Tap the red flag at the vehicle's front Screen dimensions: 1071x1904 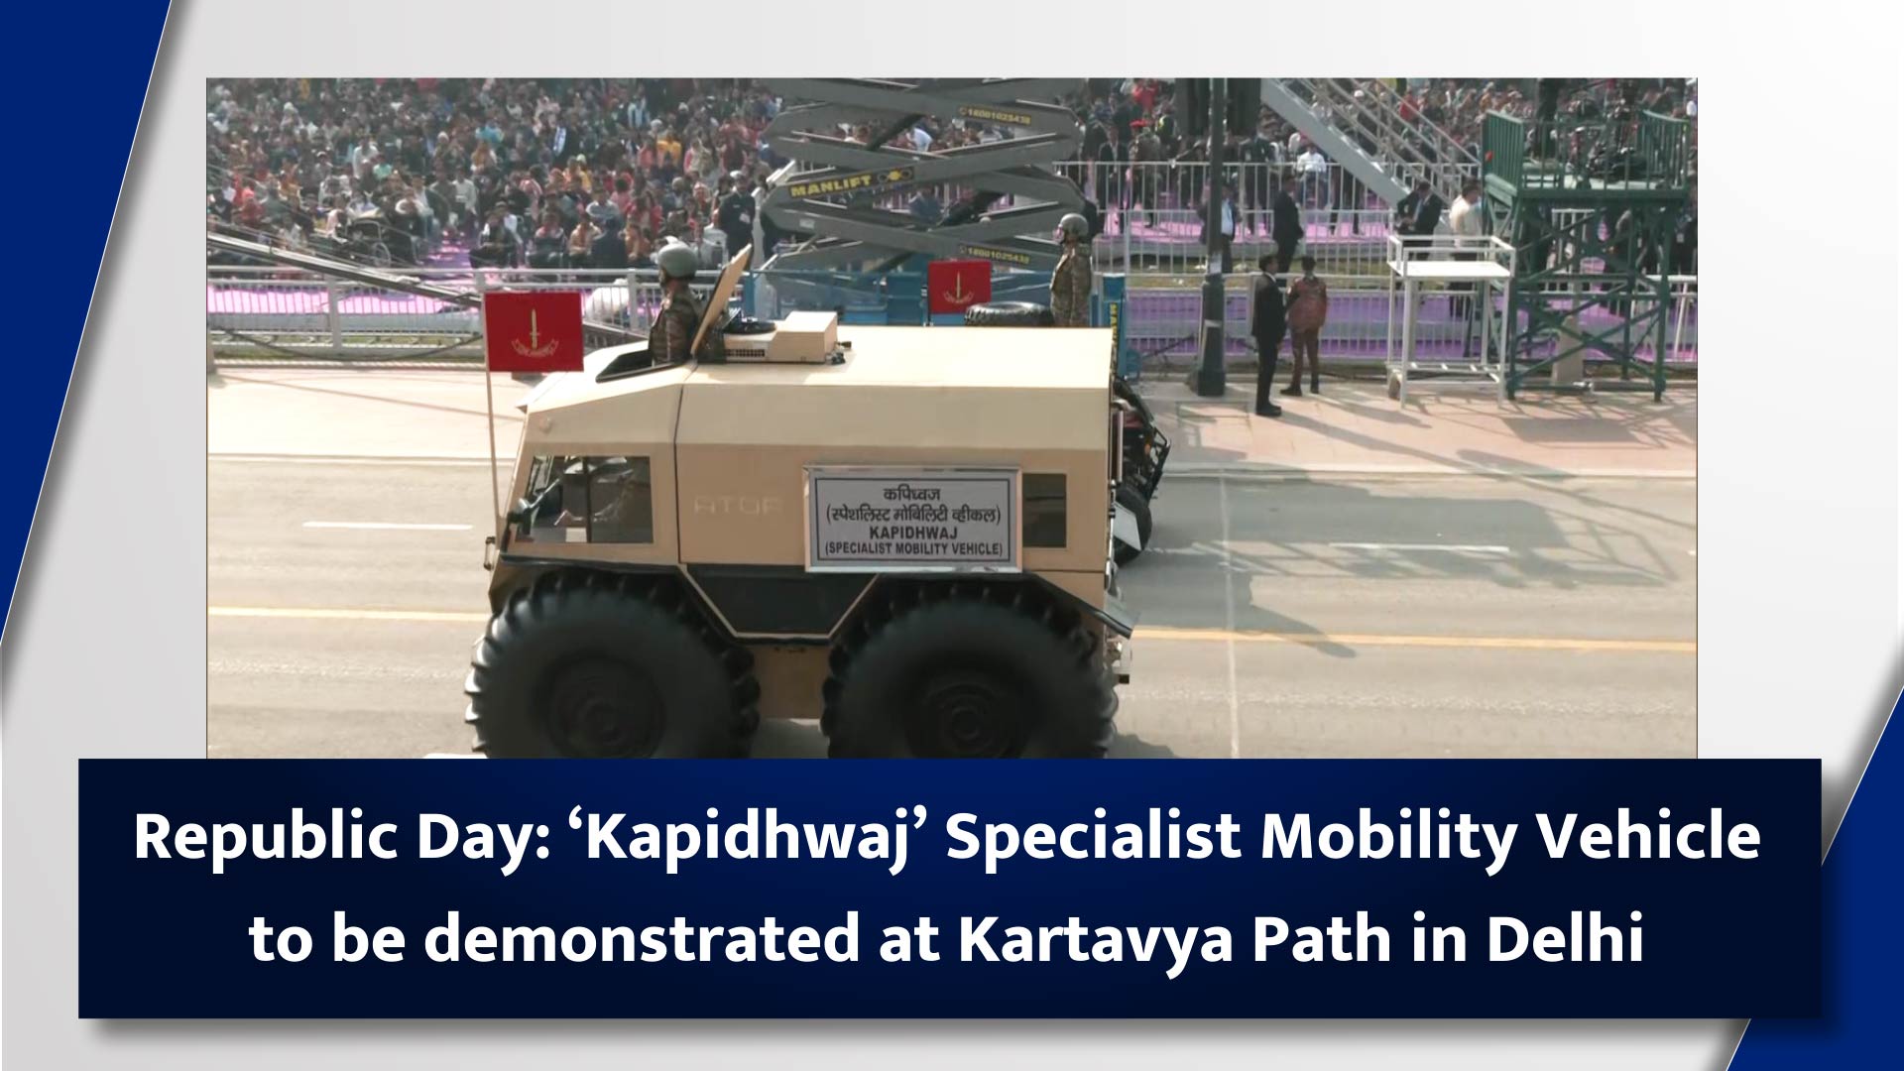(x=533, y=331)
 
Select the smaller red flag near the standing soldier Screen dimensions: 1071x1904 (x=959, y=286)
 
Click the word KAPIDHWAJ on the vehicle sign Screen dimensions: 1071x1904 (x=913, y=533)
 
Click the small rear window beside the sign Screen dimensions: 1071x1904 (x=1044, y=511)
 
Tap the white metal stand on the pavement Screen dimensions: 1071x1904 (x=1448, y=317)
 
